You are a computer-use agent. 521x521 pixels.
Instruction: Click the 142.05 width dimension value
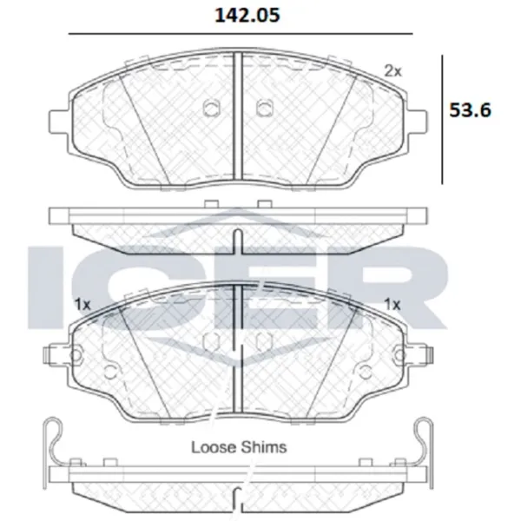tap(247, 16)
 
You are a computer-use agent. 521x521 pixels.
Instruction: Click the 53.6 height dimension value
tap(470, 110)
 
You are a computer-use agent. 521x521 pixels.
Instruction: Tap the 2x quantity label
tap(392, 71)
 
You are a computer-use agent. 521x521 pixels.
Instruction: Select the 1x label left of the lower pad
tap(82, 304)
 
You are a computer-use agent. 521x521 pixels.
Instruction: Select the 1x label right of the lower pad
tap(392, 304)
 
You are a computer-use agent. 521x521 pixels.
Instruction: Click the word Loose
tap(214, 447)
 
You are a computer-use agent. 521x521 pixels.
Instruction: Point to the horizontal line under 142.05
tap(241, 34)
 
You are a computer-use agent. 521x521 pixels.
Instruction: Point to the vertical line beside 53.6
tap(442, 120)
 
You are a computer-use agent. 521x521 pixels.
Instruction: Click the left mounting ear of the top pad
tap(60, 122)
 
